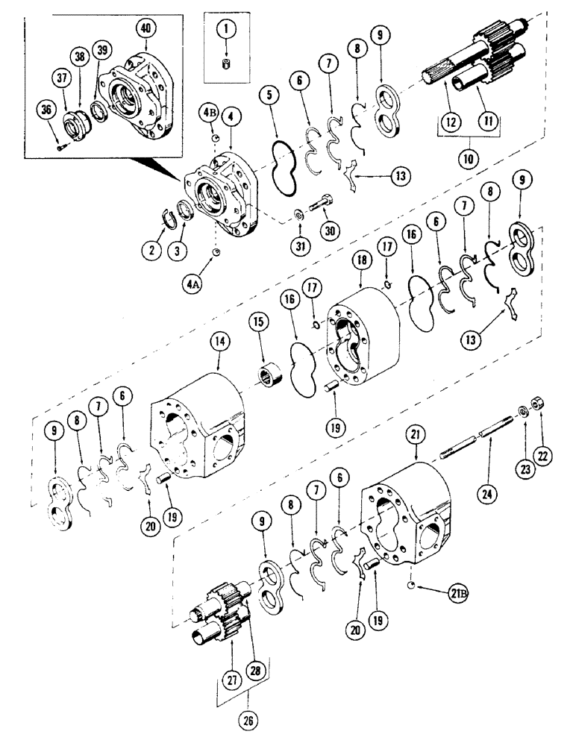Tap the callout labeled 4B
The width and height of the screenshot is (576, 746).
(209, 116)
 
